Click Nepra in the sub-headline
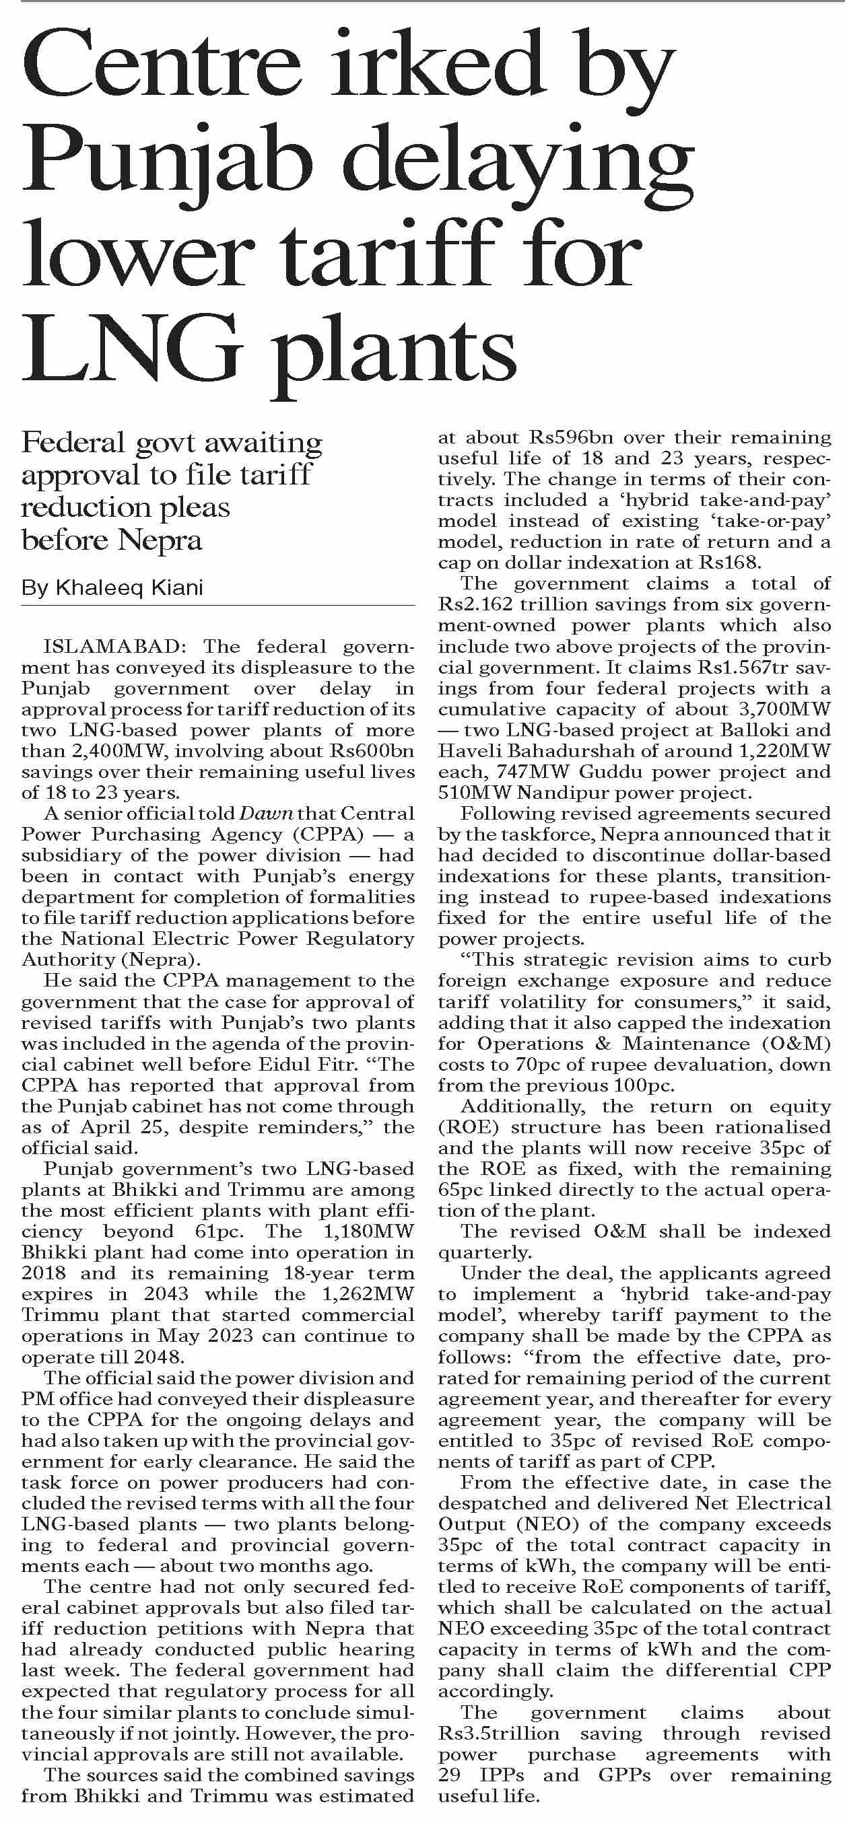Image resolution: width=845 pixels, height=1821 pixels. coord(160,541)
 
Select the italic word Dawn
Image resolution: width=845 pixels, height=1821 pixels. coord(266,814)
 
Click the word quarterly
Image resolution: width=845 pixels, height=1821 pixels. coord(483,1252)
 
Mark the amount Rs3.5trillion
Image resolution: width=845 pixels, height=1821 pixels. coord(498,1734)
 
